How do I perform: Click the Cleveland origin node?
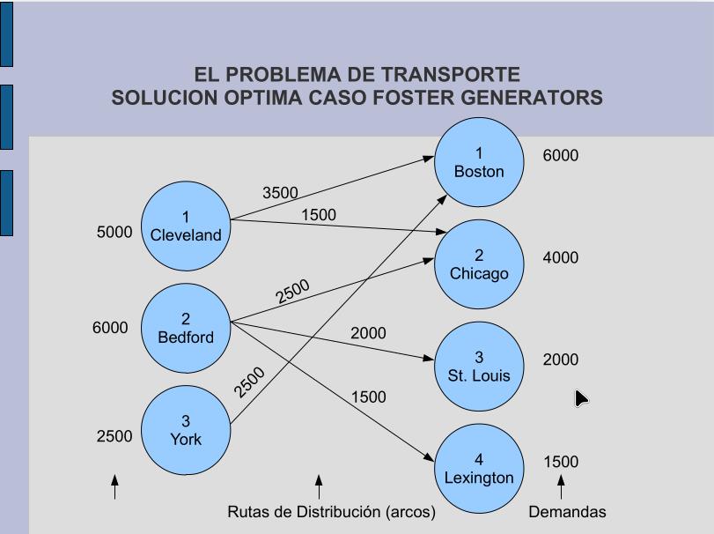click(186, 226)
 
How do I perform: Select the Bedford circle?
click(186, 328)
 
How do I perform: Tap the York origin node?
click(186, 430)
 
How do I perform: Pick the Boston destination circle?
click(479, 163)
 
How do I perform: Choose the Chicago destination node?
click(479, 264)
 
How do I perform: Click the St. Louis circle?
click(479, 367)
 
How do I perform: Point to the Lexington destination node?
click(479, 469)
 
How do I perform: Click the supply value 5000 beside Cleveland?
click(114, 233)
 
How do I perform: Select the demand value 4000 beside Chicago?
click(561, 258)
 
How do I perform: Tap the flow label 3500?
click(280, 193)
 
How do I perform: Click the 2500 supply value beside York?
click(114, 436)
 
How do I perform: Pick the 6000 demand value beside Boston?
click(561, 156)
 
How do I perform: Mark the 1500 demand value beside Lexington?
click(561, 462)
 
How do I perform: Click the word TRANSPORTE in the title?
click(453, 75)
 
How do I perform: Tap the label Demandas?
click(567, 512)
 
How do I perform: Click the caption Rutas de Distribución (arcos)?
click(331, 512)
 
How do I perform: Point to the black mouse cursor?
click(580, 398)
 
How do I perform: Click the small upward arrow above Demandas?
click(561, 486)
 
